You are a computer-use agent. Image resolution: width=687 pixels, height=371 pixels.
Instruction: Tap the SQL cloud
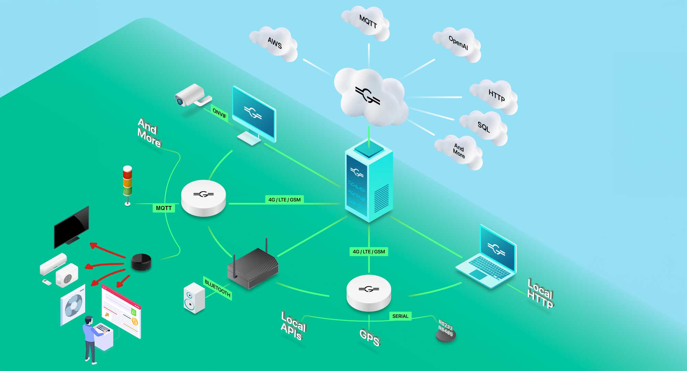[484, 127]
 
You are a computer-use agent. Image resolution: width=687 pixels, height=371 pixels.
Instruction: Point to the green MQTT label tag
[164, 208]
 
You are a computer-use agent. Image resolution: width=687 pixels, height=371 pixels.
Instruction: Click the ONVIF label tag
[219, 113]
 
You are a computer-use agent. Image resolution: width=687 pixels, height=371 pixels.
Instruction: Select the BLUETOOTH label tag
[217, 288]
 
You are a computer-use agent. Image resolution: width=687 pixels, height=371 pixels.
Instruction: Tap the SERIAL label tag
[400, 316]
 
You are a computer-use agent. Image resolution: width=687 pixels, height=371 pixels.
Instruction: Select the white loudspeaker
[194, 298]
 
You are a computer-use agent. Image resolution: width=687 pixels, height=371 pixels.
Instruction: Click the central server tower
[369, 182]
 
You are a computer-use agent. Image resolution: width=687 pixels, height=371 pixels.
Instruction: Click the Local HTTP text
[540, 294]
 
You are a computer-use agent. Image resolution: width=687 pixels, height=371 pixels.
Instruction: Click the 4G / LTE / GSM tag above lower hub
[369, 252]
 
